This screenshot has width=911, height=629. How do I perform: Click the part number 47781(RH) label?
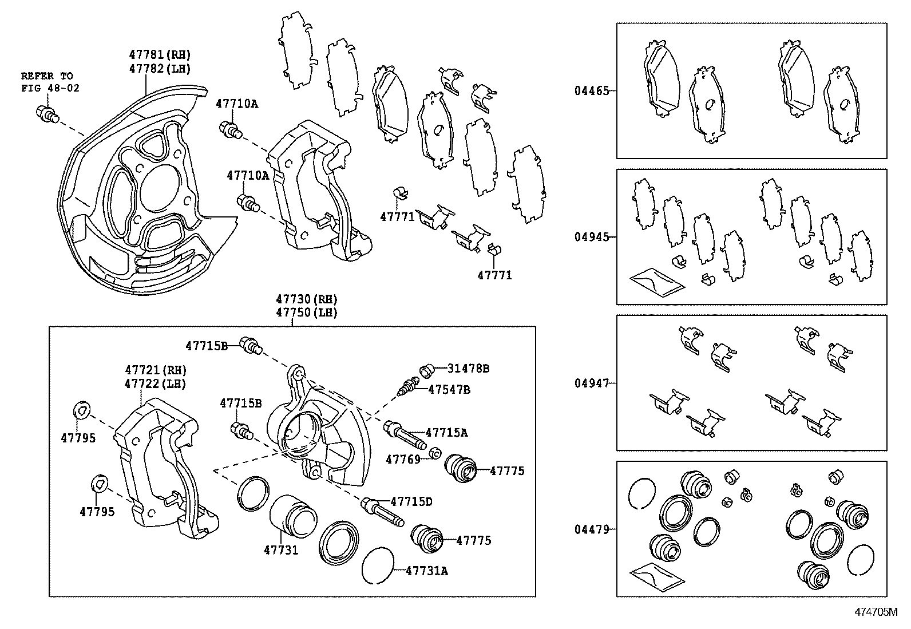click(x=159, y=55)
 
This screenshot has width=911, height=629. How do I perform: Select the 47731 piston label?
click(x=281, y=550)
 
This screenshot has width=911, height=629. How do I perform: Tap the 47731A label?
click(x=427, y=570)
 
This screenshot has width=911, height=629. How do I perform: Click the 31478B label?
click(x=468, y=369)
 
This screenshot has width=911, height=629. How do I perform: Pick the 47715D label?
click(x=411, y=502)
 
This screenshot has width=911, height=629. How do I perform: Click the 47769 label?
click(x=403, y=459)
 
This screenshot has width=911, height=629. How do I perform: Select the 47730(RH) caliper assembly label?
click(x=306, y=299)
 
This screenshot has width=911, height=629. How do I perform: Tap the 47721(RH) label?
click(x=156, y=370)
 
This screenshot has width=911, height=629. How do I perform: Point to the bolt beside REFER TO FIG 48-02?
click(x=47, y=114)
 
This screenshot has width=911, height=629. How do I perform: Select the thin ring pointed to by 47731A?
click(x=378, y=565)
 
